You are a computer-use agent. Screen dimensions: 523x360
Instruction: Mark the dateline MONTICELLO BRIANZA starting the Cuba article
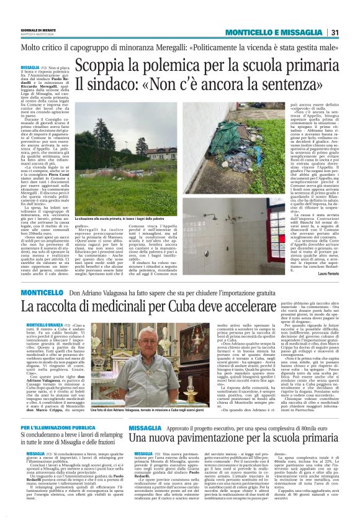click(35, 324)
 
